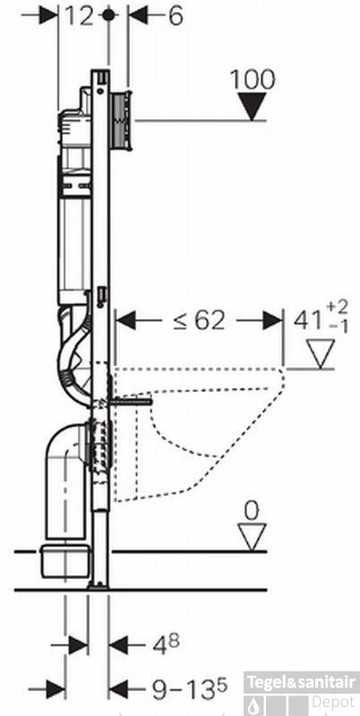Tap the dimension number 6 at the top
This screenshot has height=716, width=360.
174,16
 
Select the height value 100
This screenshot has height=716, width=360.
253,79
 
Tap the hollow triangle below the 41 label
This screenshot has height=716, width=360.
319,355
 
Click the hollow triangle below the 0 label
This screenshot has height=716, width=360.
252,538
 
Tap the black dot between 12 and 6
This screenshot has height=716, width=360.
109,15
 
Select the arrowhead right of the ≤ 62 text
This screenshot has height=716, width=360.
271,320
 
